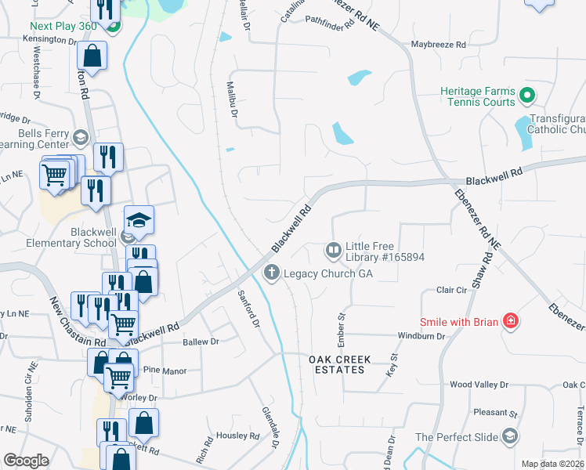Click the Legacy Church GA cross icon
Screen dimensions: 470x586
pyautogui.click(x=271, y=273)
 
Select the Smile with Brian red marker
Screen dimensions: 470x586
pyautogui.click(x=511, y=320)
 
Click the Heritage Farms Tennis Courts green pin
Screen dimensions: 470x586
pyautogui.click(x=527, y=96)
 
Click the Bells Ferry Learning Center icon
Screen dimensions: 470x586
pyautogui.click(x=79, y=139)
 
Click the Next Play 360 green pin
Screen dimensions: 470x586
pyautogui.click(x=113, y=27)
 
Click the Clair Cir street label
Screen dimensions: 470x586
pyautogui.click(x=451, y=290)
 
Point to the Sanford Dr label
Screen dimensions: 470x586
pyautogui.click(x=248, y=310)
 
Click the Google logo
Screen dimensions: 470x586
pyautogui.click(x=26, y=461)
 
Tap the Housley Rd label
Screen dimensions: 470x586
pyautogui.click(x=238, y=436)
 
